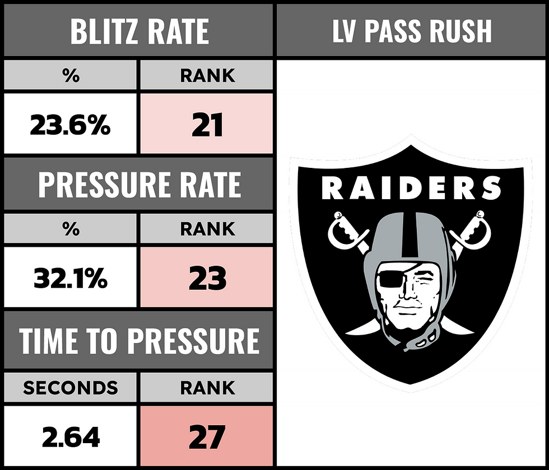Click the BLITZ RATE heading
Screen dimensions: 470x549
click(139, 31)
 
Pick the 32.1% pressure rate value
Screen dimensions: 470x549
click(70, 279)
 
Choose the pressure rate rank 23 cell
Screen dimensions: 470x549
click(207, 279)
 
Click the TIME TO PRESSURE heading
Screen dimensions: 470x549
click(139, 339)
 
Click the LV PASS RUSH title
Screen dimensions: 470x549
click(412, 31)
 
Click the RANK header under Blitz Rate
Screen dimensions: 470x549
click(207, 76)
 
